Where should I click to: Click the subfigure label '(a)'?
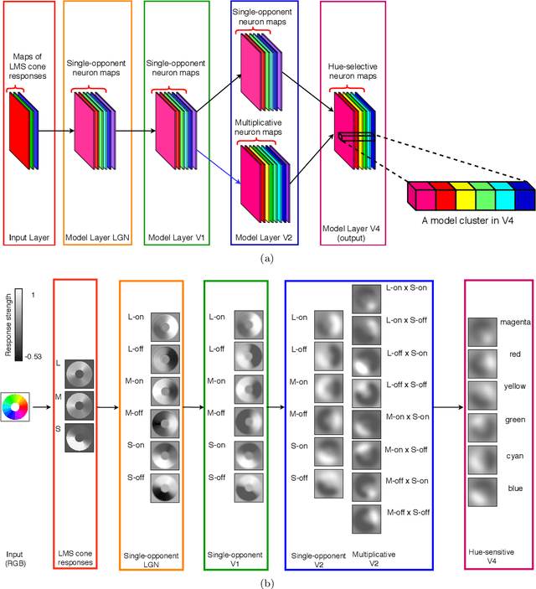point(267,258)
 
